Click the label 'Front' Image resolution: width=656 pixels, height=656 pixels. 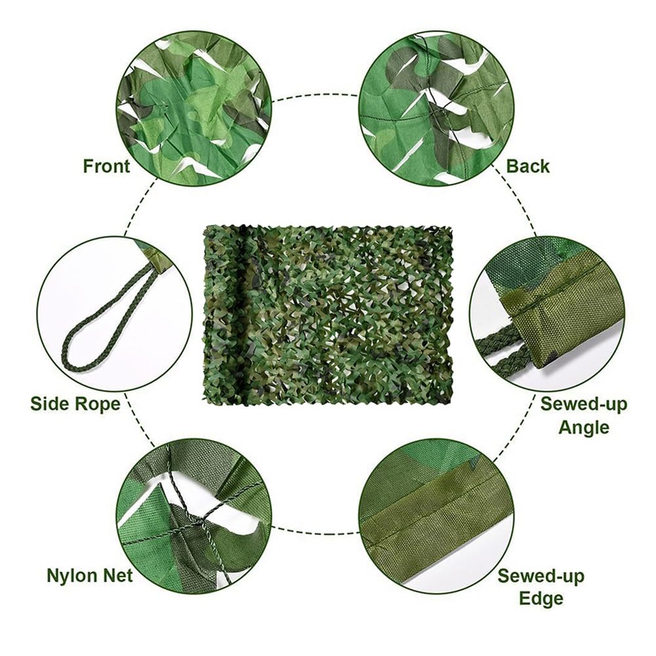coord(106,166)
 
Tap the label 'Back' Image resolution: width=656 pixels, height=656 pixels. coord(528,166)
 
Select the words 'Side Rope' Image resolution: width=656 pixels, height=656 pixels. coord(75,403)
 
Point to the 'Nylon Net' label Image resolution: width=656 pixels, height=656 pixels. coord(90,576)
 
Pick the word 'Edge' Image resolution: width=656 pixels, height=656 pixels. coord(541,598)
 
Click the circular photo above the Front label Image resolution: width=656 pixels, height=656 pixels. coord(194,108)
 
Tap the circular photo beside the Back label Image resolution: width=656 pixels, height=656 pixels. coord(436,108)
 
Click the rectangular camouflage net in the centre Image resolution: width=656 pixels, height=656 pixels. coord(328,315)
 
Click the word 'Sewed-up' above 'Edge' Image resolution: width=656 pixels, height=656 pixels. coord(541,577)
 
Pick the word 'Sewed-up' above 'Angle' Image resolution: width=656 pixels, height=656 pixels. coord(583,404)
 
